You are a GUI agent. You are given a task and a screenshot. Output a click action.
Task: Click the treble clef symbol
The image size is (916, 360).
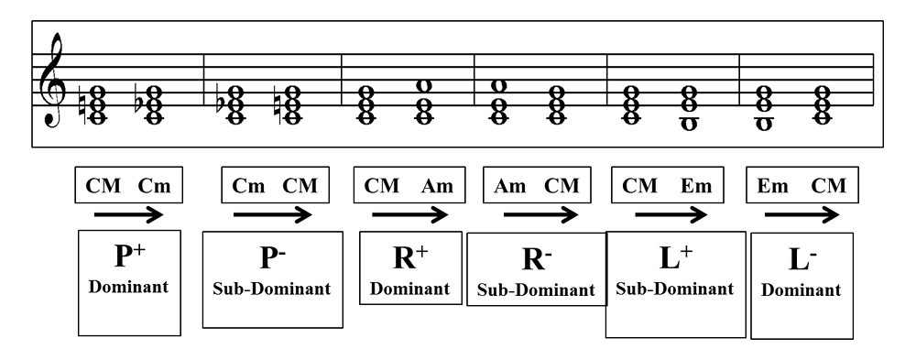(51, 80)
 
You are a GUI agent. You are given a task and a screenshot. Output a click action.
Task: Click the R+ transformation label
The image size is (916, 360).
(410, 258)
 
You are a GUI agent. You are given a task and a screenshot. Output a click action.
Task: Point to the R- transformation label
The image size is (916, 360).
(535, 259)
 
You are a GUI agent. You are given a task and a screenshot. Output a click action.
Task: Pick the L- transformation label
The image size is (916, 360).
(802, 259)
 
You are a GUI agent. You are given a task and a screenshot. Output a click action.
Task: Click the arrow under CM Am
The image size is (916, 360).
(410, 215)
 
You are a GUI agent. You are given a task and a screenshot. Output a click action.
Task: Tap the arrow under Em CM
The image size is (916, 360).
(802, 215)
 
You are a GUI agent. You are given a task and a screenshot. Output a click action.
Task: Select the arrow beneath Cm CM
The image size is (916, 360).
(272, 215)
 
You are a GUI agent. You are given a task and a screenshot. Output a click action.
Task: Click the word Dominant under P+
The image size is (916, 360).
(128, 287)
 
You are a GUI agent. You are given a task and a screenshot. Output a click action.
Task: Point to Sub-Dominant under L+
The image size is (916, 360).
(675, 289)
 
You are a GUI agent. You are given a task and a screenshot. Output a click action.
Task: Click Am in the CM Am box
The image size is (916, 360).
(437, 186)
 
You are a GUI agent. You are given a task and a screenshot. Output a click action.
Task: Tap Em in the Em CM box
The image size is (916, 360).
(772, 186)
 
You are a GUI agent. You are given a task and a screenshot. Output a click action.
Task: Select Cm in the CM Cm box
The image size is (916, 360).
(155, 186)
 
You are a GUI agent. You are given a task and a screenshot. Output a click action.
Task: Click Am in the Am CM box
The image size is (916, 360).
(509, 186)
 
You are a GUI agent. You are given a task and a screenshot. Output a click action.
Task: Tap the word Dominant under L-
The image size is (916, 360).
(801, 290)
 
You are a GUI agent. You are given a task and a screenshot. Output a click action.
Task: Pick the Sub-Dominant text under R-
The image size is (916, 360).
(536, 290)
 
